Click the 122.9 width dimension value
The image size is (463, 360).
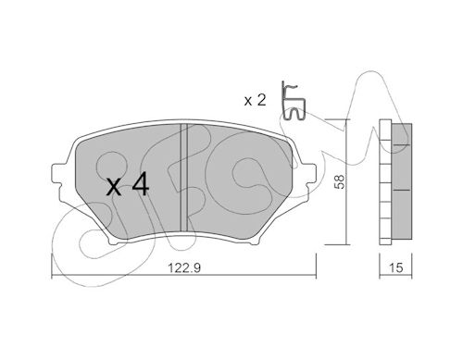(184, 267)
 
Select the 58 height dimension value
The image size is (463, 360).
(339, 182)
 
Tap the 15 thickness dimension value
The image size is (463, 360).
(395, 267)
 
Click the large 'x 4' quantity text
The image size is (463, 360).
(128, 185)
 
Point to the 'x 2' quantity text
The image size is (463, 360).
(255, 100)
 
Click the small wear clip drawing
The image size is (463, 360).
(293, 102)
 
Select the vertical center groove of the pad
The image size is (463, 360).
(183, 178)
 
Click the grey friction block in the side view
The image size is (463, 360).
(402, 181)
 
